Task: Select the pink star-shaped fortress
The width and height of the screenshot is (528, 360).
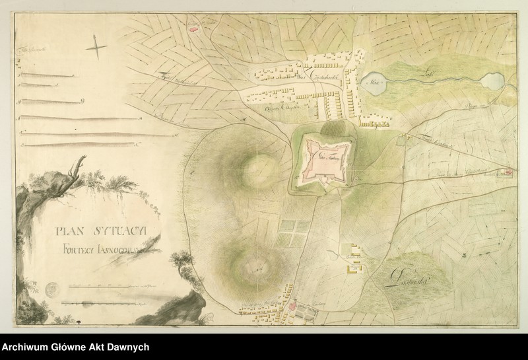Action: click(321, 159)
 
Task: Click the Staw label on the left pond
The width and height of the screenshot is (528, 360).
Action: click(374, 84)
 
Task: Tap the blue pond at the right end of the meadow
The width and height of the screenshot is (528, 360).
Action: click(492, 82)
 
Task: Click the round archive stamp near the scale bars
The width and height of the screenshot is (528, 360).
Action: click(54, 288)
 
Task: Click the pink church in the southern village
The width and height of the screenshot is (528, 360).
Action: click(293, 307)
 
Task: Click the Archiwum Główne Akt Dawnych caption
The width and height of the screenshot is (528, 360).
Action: click(76, 347)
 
